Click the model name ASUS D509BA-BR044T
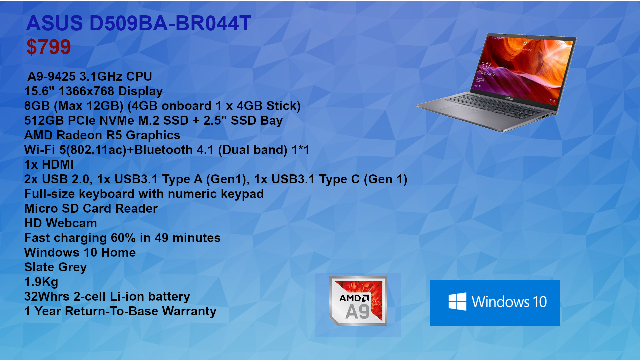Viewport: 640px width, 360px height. click(139, 23)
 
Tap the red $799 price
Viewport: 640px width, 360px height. click(49, 47)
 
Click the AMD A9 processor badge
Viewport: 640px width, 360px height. click(358, 301)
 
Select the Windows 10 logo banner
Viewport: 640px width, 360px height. click(495, 303)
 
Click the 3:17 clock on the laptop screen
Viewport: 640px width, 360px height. click(486, 65)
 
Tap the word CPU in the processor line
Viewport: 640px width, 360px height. click(139, 76)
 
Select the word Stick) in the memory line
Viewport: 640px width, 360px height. click(283, 106)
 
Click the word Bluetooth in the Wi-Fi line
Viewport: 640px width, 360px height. click(163, 150)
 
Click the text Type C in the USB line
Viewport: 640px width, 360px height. click(339, 179)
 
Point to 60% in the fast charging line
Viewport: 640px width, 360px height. click(123, 238)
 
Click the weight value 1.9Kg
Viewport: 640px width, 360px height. click(41, 282)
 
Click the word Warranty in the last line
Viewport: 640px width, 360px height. click(189, 311)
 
